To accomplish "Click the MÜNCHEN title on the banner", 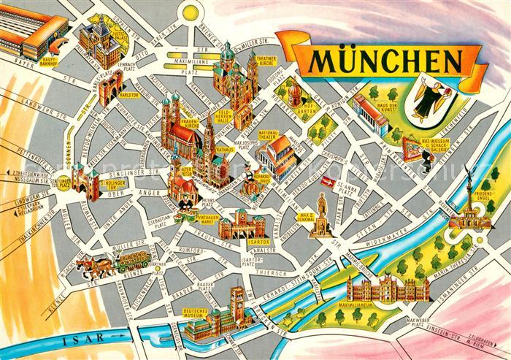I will [x=383, y=61].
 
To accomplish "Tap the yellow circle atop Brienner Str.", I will [x=191, y=12].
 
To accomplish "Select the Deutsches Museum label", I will [x=196, y=313].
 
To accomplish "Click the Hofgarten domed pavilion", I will [x=293, y=94].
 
